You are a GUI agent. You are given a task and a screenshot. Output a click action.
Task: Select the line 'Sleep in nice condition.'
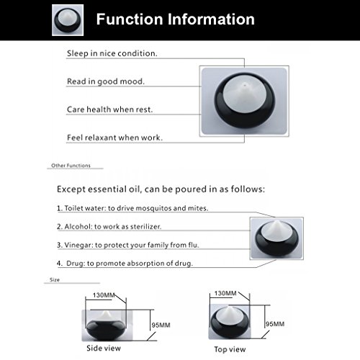pyautogui.click(x=112, y=53)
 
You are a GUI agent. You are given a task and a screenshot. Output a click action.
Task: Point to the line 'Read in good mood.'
pyautogui.click(x=105, y=81)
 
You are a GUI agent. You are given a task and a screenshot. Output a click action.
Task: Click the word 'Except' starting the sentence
pyautogui.click(x=76, y=190)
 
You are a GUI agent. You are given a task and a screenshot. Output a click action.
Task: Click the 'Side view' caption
pyautogui.click(x=103, y=348)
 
